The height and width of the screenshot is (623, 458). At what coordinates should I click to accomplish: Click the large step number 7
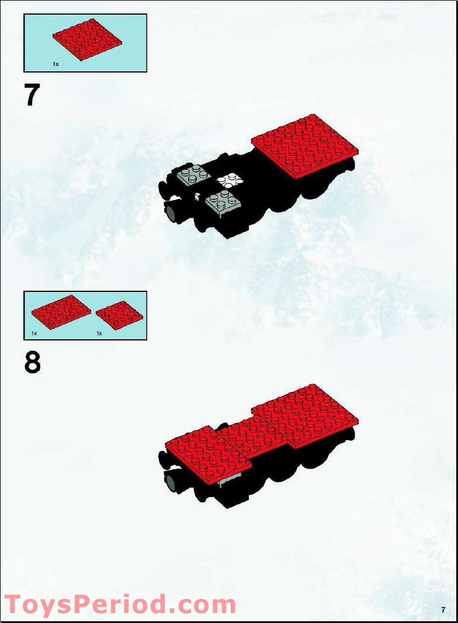pos(33,95)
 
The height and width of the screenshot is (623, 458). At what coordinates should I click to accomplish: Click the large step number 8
pos(33,363)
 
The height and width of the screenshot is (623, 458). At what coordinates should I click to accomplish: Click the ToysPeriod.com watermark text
pos(120,604)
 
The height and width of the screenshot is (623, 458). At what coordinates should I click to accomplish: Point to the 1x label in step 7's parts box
pos(55,64)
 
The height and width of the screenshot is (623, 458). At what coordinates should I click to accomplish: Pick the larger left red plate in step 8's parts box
pos(61,312)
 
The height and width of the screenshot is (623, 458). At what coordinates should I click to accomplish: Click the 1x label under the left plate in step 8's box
pos(34,333)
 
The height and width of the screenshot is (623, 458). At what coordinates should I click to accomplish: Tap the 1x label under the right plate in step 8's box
pos(99,333)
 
